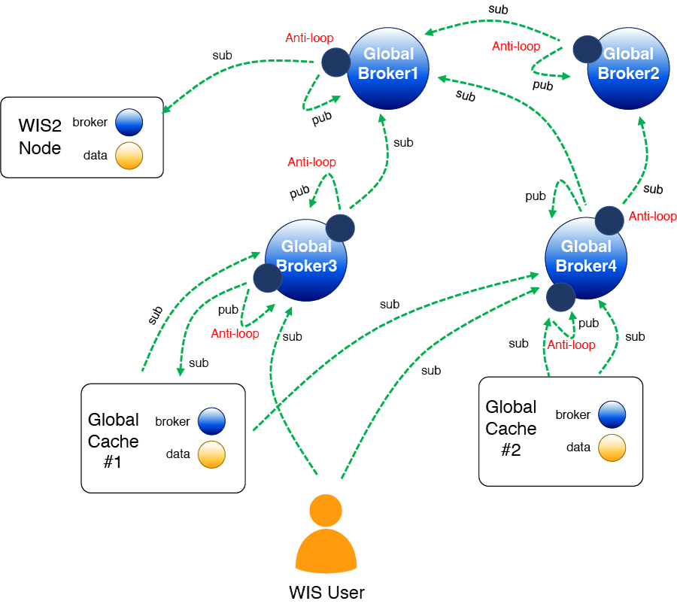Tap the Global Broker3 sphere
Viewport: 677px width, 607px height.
306,258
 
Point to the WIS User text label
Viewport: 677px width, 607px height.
326,593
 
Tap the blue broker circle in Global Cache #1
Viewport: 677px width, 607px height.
212,421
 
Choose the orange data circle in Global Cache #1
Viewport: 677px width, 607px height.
212,454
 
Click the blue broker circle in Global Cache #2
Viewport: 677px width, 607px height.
612,414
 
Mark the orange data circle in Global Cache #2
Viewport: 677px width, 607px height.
612,448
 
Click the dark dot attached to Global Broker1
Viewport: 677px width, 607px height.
335,62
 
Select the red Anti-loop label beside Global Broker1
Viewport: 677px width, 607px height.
309,38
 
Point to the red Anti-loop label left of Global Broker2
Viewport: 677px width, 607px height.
516,47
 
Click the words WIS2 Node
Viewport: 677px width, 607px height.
40,138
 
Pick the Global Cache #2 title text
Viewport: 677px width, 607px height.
511,428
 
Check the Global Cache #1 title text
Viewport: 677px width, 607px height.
113,441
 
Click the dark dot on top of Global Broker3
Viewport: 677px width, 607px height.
339,228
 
